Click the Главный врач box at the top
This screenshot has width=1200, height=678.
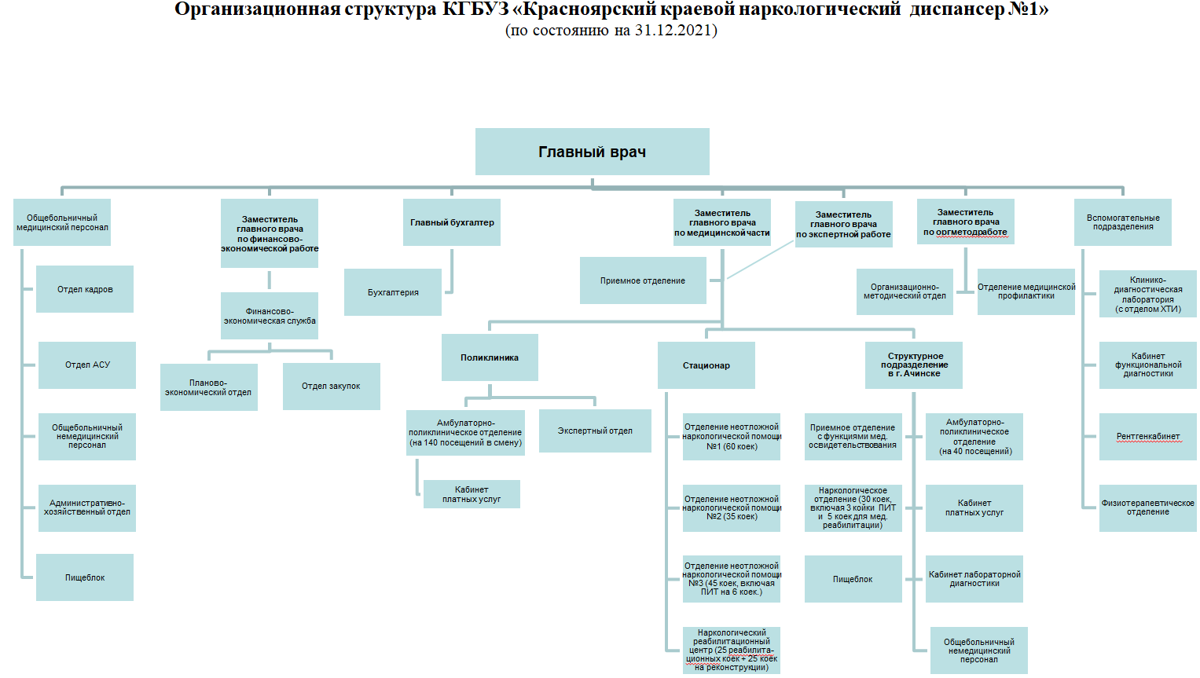tap(592, 152)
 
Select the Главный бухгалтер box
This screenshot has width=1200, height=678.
tap(452, 222)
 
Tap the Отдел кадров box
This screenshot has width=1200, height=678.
tap(85, 289)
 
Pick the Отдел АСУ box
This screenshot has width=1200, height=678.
tap(87, 365)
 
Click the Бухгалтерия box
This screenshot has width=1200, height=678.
tap(393, 292)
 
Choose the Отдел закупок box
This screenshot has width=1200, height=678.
tap(331, 386)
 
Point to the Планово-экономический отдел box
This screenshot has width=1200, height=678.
tap(208, 387)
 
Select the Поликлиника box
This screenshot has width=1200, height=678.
tap(490, 357)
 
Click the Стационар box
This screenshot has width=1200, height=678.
tap(706, 365)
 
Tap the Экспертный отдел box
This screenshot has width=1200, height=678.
tap(595, 431)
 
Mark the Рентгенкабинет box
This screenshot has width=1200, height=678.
tap(1148, 436)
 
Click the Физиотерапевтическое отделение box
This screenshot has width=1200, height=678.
tap(1148, 508)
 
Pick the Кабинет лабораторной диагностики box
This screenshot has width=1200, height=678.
tap(974, 579)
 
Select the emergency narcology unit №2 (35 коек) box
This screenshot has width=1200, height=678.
tap(732, 508)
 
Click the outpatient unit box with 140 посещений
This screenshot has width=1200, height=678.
tap(465, 433)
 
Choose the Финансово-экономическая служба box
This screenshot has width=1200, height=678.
tap(270, 316)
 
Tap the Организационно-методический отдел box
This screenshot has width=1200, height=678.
tap(905, 291)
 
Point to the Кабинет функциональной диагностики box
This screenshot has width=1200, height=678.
tap(1148, 365)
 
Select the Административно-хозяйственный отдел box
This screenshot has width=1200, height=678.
tap(87, 508)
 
